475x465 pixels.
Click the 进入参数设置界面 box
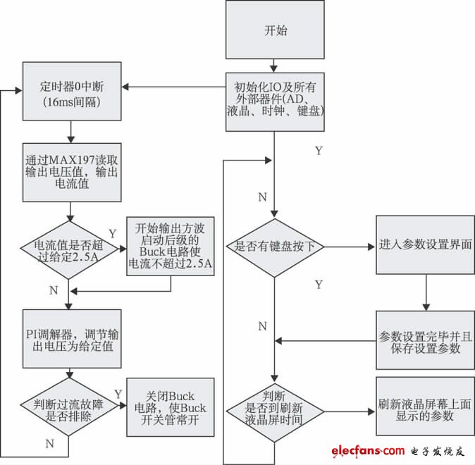[x=425, y=244]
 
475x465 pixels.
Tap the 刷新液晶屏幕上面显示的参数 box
[x=425, y=409]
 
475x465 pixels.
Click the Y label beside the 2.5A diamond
[x=113, y=232]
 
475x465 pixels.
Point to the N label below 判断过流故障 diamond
[x=49, y=444]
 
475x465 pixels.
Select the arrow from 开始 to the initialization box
[x=275, y=66]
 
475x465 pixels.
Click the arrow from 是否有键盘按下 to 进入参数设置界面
[x=349, y=247]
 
